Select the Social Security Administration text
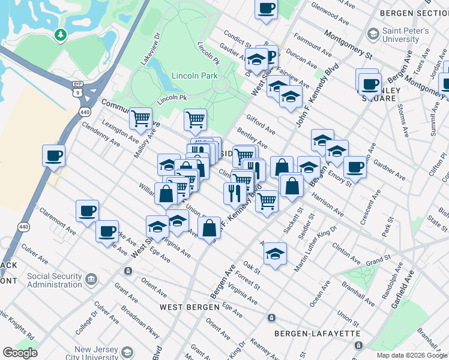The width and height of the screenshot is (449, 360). point(54,280)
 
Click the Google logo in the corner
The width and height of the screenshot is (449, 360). point(20,353)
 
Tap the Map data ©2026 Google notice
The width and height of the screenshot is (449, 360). point(411,355)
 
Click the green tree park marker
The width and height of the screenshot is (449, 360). point(60,35)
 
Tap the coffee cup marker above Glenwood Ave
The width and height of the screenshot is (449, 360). point(266,9)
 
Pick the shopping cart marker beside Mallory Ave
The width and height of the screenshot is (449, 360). point(140,118)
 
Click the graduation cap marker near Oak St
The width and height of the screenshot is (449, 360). point(275,253)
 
